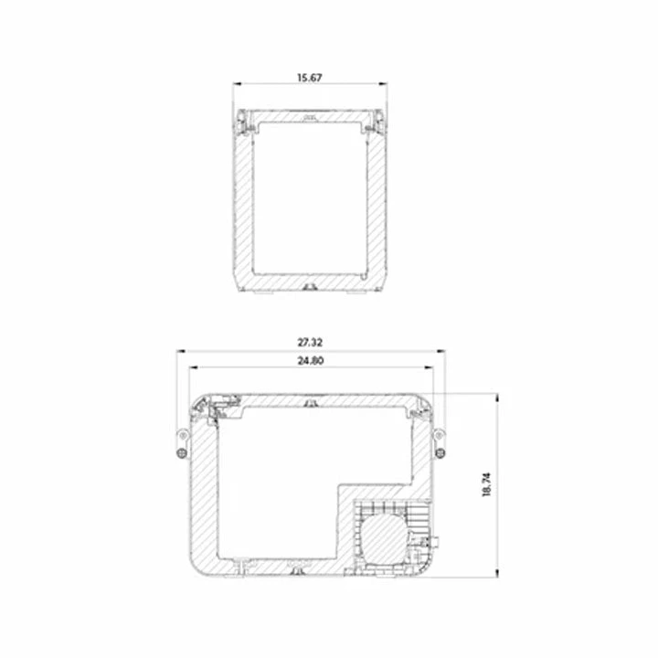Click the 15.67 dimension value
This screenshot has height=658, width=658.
[x=310, y=78]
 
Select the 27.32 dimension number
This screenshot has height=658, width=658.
[x=310, y=343]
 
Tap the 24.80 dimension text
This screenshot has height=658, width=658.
[x=311, y=360]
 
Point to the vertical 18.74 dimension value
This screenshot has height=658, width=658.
[x=487, y=484]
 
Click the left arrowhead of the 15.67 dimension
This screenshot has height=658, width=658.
[x=238, y=84]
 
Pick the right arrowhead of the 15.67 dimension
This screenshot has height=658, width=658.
[x=383, y=84]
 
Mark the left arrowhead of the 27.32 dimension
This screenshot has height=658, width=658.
[x=181, y=351]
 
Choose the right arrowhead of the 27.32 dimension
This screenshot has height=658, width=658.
[x=440, y=351]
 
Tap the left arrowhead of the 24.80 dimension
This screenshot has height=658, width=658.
[x=194, y=367]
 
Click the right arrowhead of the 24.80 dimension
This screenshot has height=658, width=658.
[x=429, y=367]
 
